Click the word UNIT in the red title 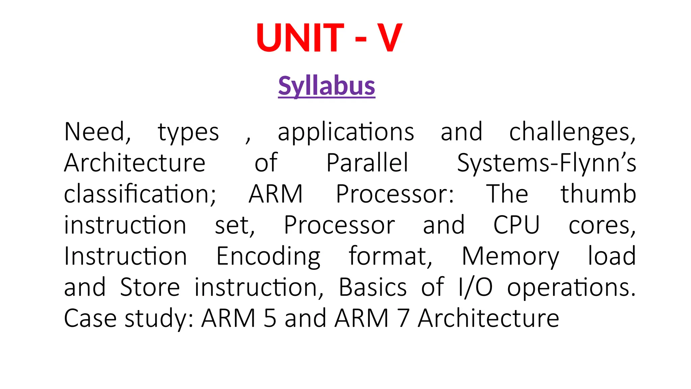click(x=300, y=37)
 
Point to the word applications click(x=346, y=132)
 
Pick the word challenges click(x=572, y=132)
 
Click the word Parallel click(x=367, y=163)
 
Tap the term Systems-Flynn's click(x=546, y=163)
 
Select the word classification click(x=140, y=194)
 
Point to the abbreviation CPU click(x=516, y=225)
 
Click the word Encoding click(x=268, y=257)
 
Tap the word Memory click(x=510, y=257)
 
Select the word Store click(x=150, y=287)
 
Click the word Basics click(x=372, y=287)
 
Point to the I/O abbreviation click(x=475, y=287)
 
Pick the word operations click(x=571, y=288)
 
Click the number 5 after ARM click(x=270, y=318)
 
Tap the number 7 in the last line click(x=403, y=318)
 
